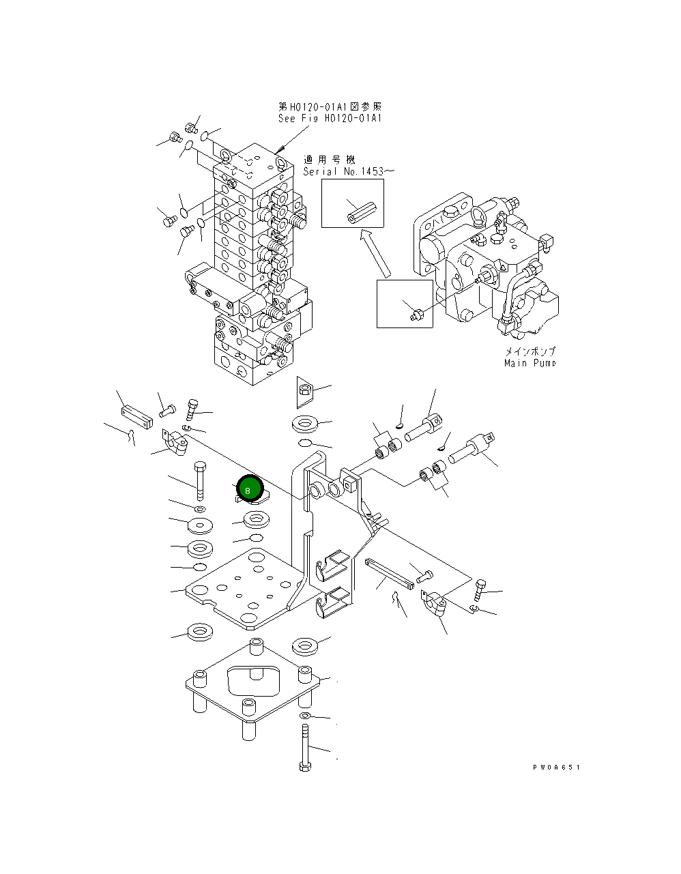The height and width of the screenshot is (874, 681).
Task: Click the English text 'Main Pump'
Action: coord(530,363)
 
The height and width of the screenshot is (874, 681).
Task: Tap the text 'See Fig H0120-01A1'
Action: coord(330,118)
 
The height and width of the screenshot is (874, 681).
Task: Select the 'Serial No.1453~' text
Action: coord(349,171)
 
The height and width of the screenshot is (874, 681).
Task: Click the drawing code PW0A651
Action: coord(556,768)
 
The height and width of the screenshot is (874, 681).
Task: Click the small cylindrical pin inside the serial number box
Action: coord(357,209)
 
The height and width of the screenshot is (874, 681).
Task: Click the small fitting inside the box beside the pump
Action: coord(415,312)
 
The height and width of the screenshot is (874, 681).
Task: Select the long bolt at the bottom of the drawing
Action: coord(305,748)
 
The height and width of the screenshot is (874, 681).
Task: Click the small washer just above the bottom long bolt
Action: coord(305,715)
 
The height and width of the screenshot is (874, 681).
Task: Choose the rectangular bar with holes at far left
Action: coord(134,416)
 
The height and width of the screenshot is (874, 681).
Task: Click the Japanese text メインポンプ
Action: coord(530,351)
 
